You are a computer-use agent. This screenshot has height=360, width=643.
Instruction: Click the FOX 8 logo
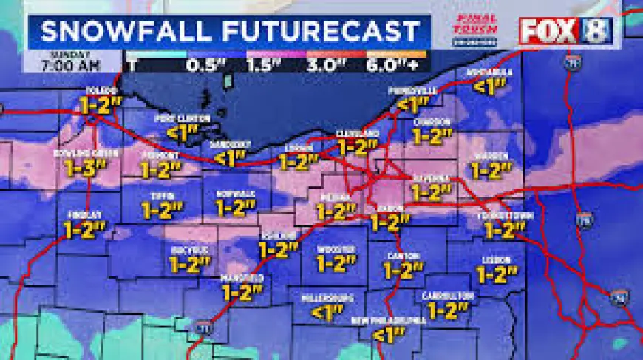[565, 31]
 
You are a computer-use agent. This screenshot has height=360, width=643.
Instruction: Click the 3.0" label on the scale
[341, 64]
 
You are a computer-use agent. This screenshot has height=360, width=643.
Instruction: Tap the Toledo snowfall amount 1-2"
[98, 104]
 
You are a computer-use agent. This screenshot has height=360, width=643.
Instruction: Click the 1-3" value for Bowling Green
[84, 168]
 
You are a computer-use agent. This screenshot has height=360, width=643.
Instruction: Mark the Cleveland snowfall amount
[358, 146]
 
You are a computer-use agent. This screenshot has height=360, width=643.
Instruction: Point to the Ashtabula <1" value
[489, 86]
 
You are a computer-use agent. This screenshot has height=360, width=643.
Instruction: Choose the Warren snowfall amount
[491, 170]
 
